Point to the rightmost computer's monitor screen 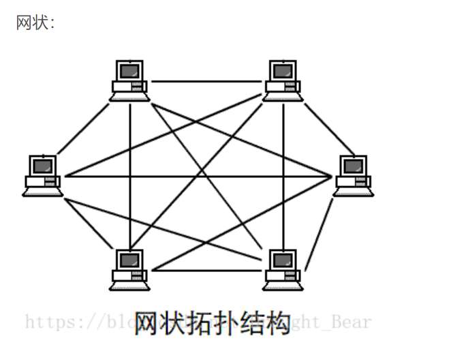pyautogui.click(x=353, y=166)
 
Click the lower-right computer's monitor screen pyautogui.click(x=282, y=260)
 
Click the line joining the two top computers pyautogui.click(x=206, y=82)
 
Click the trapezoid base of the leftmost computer pyautogui.click(x=43, y=192)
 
